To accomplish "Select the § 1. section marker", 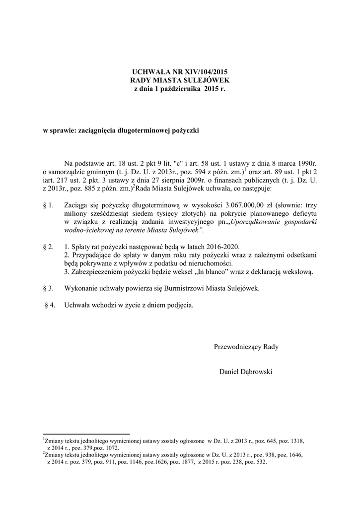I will click(x=49, y=205).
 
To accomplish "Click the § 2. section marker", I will click(x=49, y=247).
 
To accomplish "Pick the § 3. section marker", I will click(x=49, y=288).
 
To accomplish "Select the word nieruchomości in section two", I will click(x=211, y=263).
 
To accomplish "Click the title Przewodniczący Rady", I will click(x=246, y=347).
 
